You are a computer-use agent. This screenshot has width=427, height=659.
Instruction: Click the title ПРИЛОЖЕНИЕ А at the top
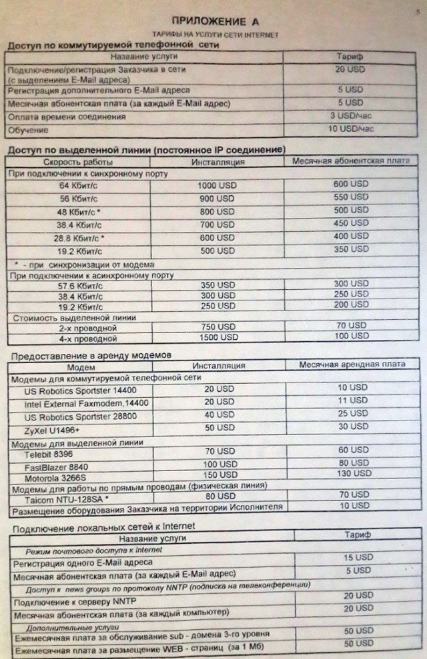211,21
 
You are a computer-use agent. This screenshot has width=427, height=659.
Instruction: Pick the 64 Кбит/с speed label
79,185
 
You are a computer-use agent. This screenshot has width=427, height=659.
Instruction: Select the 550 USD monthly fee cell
350,197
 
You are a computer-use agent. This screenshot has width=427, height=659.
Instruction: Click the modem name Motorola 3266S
57,478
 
